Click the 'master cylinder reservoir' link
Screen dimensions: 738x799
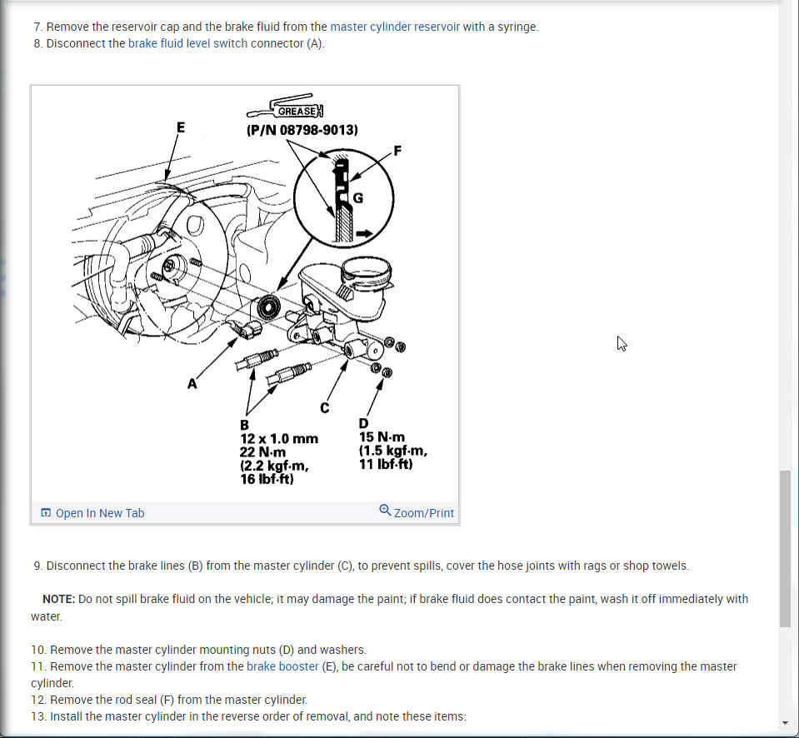coord(395,27)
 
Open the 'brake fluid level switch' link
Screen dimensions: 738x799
coord(187,43)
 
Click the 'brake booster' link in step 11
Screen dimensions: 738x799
coord(282,666)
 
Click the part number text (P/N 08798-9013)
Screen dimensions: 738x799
coord(302,130)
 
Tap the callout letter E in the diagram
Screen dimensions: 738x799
coord(180,127)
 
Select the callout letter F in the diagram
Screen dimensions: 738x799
coord(397,151)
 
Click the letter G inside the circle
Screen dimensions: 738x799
coord(358,198)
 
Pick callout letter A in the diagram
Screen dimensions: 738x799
coord(192,384)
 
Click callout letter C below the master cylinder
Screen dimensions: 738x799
coord(324,407)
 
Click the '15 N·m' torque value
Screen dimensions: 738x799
coord(382,437)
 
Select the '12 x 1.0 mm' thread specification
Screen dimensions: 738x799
coord(279,438)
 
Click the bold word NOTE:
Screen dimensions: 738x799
coord(58,599)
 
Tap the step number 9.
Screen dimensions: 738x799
coord(37,566)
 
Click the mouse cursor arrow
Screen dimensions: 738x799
coord(622,343)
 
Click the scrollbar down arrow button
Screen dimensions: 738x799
coord(785,722)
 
